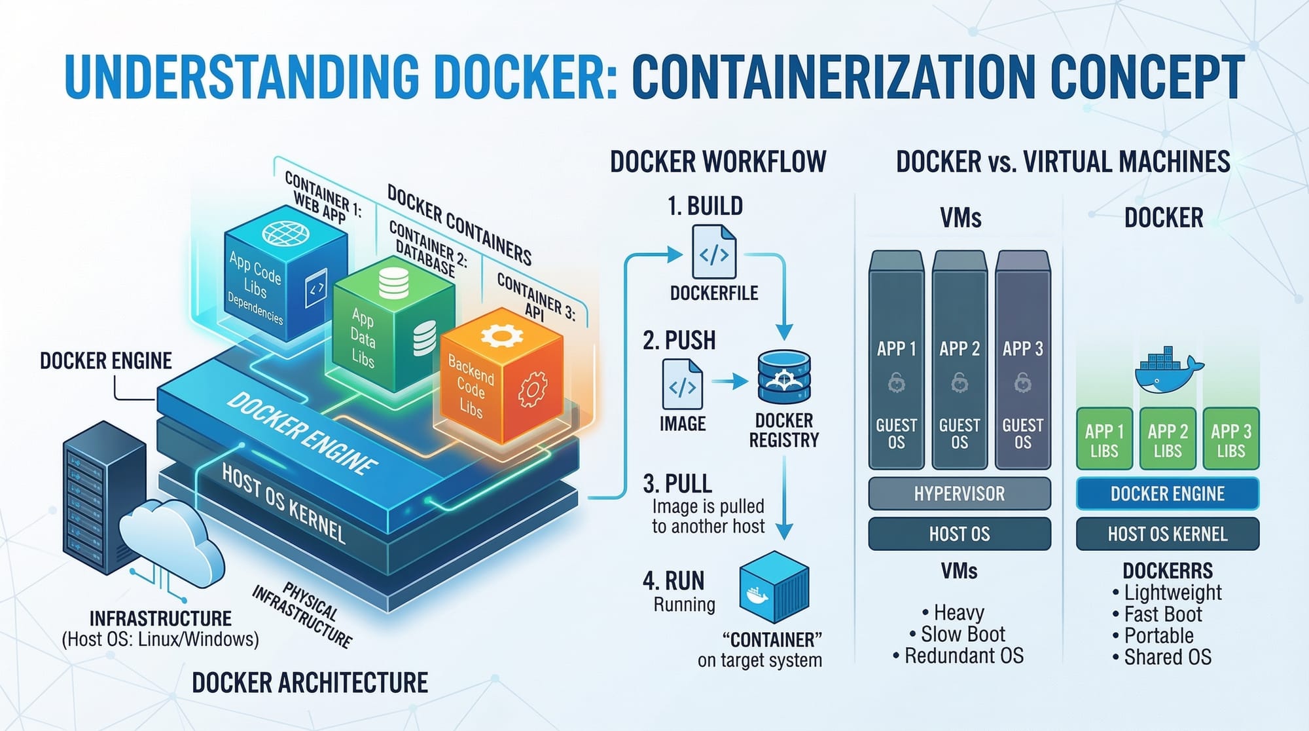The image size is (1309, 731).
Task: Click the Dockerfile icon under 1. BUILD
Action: pyautogui.click(x=713, y=252)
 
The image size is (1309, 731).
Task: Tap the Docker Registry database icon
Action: pyautogui.click(x=783, y=377)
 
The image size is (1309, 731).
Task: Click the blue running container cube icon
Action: pyautogui.click(x=774, y=587)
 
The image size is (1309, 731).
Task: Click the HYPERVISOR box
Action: pyautogui.click(x=959, y=494)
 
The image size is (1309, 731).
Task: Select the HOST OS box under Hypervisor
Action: pyautogui.click(x=959, y=534)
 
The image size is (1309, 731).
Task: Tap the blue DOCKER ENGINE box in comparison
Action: pyautogui.click(x=1167, y=494)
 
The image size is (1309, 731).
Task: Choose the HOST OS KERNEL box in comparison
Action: pyautogui.click(x=1167, y=534)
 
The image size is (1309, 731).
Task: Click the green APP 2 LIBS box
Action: pyautogui.click(x=1167, y=440)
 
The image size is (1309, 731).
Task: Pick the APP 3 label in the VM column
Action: pyautogui.click(x=1022, y=348)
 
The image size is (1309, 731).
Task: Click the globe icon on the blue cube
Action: pyautogui.click(x=285, y=233)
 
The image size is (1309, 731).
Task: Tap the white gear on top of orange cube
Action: pyautogui.click(x=501, y=337)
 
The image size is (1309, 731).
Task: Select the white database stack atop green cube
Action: pyautogui.click(x=393, y=284)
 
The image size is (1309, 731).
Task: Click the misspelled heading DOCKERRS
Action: pyautogui.click(x=1167, y=571)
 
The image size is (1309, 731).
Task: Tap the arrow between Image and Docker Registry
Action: pyautogui.click(x=730, y=381)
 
